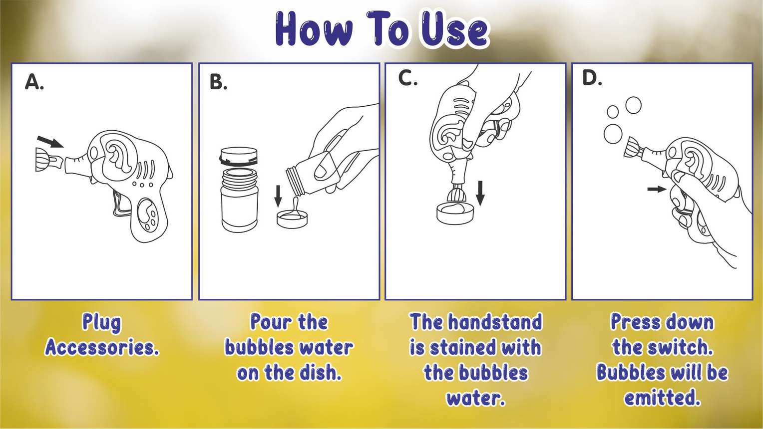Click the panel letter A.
coord(34,82)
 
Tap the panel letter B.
coord(218,82)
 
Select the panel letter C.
coord(407,78)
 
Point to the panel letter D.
coord(592,78)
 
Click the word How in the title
coord(314,30)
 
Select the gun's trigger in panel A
coord(120,205)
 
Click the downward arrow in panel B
coord(278,196)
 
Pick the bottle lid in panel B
coord(239,156)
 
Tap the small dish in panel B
coord(292,219)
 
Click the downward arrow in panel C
coord(480,193)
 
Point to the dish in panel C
coord(454,213)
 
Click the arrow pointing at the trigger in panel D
coord(656,189)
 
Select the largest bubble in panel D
coord(613,134)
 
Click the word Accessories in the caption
coord(102,347)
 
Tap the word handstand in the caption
coord(494,322)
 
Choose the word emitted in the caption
coord(662,398)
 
